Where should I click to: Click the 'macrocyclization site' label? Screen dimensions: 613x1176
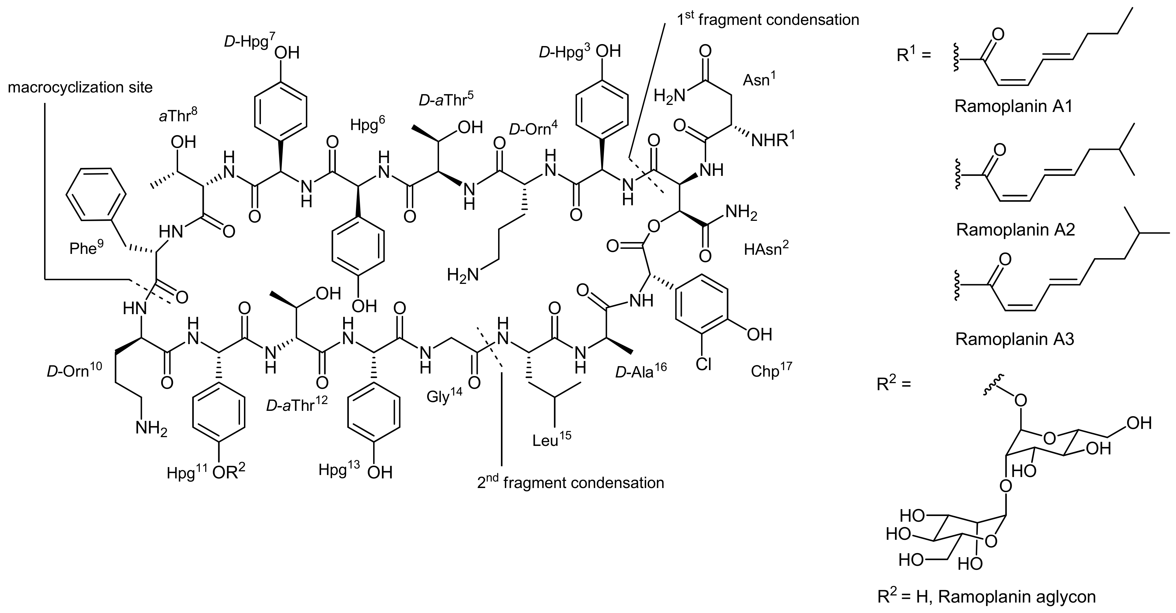point(80,87)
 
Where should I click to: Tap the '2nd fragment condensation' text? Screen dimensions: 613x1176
point(571,483)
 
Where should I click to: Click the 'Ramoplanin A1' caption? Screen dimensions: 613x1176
point(1013,106)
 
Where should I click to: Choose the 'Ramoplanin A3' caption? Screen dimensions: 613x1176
point(1014,339)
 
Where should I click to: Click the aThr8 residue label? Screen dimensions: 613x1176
point(178,115)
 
